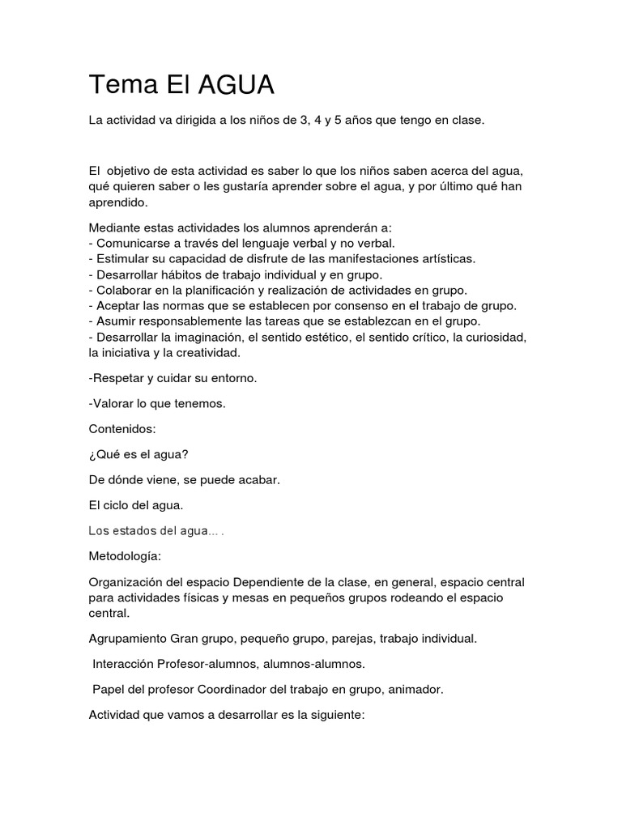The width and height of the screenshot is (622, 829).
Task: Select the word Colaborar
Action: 123,290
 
